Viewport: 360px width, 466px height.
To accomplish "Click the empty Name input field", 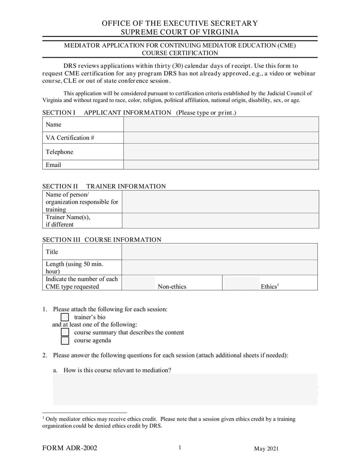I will (x=221, y=124).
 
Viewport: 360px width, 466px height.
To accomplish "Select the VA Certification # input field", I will (x=221, y=138).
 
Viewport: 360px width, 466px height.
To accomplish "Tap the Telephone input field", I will (x=221, y=152).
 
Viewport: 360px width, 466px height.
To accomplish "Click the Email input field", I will (x=221, y=165).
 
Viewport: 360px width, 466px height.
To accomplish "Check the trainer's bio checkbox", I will (x=65, y=317).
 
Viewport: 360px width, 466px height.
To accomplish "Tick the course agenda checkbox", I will (x=65, y=340).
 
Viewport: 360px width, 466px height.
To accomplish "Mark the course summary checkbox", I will (x=65, y=332).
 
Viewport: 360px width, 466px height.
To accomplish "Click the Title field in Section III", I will (x=220, y=252).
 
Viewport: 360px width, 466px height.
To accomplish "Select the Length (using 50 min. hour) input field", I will (x=220, y=267).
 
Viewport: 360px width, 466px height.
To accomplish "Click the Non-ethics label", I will (x=172, y=287).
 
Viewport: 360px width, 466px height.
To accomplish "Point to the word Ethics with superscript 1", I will (x=270, y=286).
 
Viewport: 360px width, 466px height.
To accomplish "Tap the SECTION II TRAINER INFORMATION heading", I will (x=104, y=186).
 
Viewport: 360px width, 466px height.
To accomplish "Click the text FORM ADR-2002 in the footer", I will (x=70, y=448).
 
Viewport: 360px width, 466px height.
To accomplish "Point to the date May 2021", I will (x=266, y=449).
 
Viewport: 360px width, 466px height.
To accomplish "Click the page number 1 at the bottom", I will (x=180, y=448).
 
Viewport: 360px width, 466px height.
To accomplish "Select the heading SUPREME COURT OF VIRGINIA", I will (x=180, y=32).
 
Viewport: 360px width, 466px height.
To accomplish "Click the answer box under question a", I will (x=185, y=389).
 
